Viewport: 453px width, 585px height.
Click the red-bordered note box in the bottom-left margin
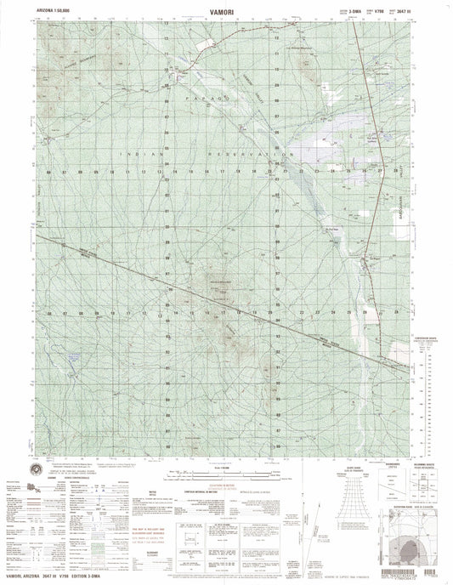(184, 539)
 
